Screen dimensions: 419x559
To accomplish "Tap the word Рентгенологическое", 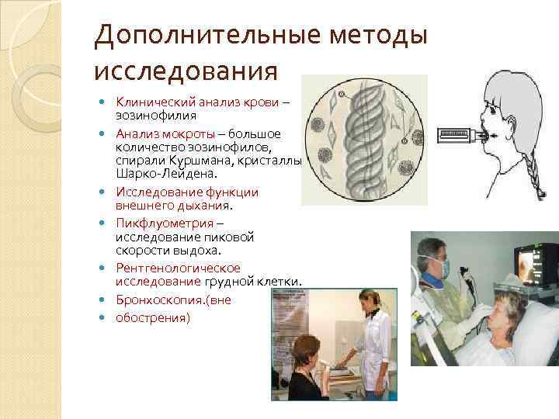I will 178,268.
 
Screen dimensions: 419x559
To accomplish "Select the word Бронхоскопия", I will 158,300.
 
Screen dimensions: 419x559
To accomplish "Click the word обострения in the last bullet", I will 152,317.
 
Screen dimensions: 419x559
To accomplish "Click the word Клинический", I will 151,102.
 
